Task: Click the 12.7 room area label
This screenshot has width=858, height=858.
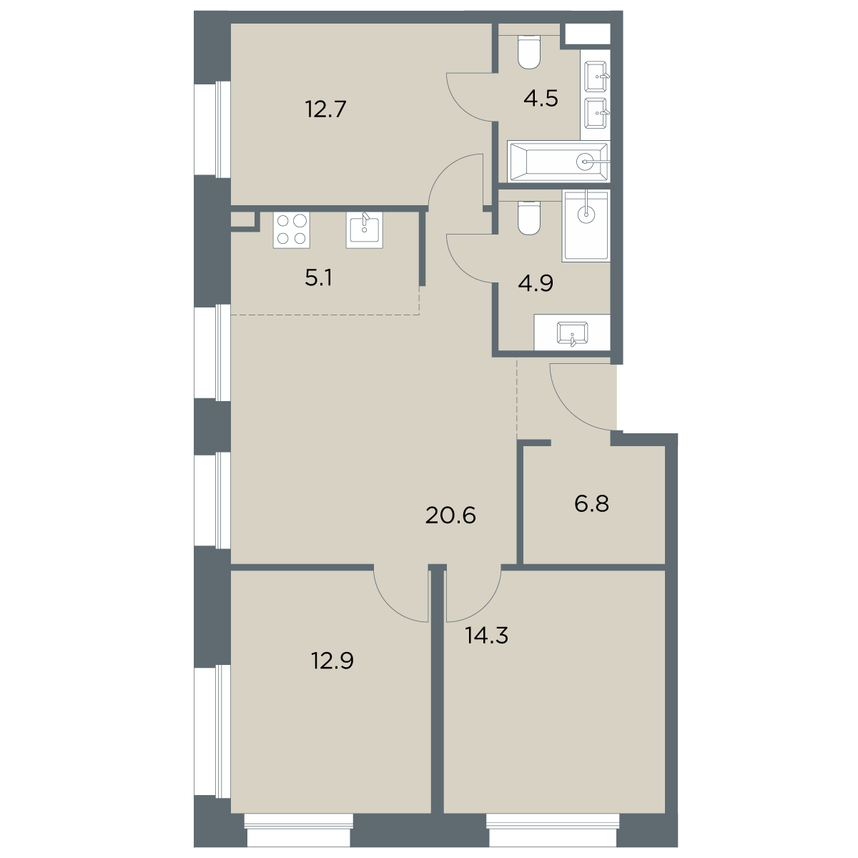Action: (326, 109)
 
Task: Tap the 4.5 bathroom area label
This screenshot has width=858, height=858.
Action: (541, 99)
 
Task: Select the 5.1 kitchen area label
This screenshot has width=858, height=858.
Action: (319, 278)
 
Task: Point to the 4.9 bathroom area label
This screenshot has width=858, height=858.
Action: (536, 282)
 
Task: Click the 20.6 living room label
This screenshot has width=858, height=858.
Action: (450, 516)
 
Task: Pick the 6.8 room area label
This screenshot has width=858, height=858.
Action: (592, 504)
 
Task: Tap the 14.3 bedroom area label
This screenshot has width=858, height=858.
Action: (486, 636)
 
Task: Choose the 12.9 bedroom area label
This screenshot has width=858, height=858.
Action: (332, 661)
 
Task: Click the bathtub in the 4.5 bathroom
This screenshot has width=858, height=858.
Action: (559, 162)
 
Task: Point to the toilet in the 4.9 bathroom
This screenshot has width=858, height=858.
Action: (529, 217)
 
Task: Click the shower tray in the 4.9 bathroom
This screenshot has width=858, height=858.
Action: (586, 226)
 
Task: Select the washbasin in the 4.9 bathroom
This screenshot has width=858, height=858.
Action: (572, 333)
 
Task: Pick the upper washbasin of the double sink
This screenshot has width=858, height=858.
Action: (596, 77)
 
